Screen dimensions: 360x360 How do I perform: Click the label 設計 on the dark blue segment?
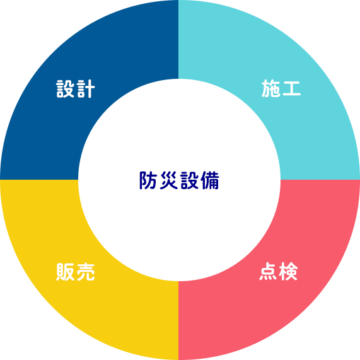pyautogui.click(x=75, y=89)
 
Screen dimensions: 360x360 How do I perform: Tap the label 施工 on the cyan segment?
pyautogui.click(x=281, y=88)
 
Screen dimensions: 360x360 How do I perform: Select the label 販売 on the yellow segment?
pyautogui.click(x=75, y=272)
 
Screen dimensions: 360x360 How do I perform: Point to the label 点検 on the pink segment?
pyautogui.click(x=279, y=271)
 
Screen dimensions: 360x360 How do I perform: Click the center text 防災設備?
pyautogui.click(x=179, y=180)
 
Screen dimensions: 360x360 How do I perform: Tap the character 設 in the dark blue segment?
pyautogui.click(x=65, y=89)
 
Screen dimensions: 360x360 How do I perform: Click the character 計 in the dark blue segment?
pyautogui.click(x=86, y=89)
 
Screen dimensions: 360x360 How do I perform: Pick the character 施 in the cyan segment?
pyautogui.click(x=271, y=88)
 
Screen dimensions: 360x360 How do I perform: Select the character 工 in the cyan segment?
pyautogui.click(x=291, y=88)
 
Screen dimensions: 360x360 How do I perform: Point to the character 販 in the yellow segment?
pyautogui.click(x=65, y=272)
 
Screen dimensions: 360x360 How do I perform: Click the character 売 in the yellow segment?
pyautogui.click(x=86, y=272)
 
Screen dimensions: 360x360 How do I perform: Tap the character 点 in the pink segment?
pyautogui.click(x=268, y=271)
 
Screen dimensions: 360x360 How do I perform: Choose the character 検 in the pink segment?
pyautogui.click(x=289, y=271)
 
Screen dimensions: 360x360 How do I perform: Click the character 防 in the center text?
pyautogui.click(x=148, y=180)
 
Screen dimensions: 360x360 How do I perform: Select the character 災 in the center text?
pyautogui.click(x=169, y=180)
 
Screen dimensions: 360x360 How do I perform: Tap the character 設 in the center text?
pyautogui.click(x=190, y=180)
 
